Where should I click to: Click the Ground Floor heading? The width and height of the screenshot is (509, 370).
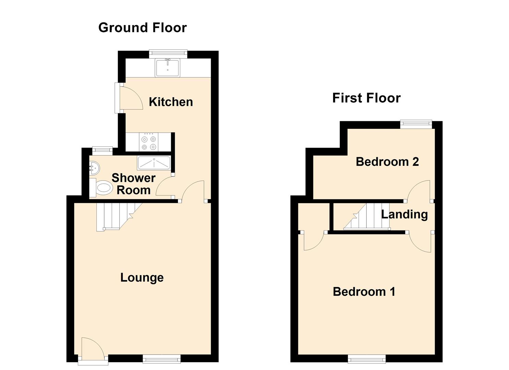(143, 28)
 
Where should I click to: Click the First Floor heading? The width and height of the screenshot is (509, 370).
(366, 98)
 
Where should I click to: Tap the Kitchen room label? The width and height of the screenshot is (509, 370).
(171, 102)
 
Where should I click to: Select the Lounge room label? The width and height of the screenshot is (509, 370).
(142, 277)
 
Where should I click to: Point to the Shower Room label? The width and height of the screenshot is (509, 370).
(134, 184)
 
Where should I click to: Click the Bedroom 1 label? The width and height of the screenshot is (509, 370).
(364, 292)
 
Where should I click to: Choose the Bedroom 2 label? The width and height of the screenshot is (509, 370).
(387, 162)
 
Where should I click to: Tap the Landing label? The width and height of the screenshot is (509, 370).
(404, 214)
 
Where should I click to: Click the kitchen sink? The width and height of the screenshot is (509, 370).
(168, 68)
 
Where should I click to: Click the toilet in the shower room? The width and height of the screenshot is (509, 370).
(101, 188)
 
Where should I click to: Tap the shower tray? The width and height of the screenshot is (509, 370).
(154, 163)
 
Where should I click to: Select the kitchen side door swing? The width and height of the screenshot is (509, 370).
(131, 98)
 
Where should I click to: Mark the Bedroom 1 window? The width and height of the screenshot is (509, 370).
(367, 360)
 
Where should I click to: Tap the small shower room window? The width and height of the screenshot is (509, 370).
(102, 151)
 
